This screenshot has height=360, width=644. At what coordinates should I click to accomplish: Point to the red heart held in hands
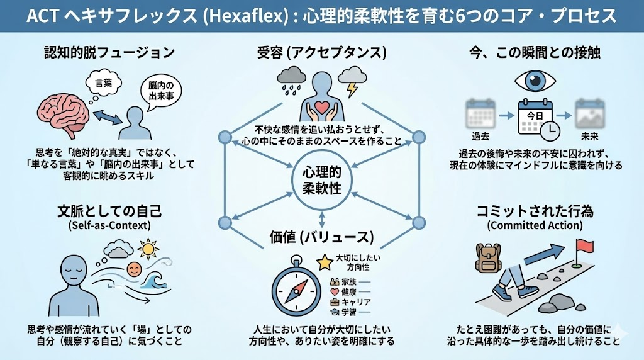(321, 106)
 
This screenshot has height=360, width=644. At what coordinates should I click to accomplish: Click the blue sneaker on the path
(507, 291)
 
